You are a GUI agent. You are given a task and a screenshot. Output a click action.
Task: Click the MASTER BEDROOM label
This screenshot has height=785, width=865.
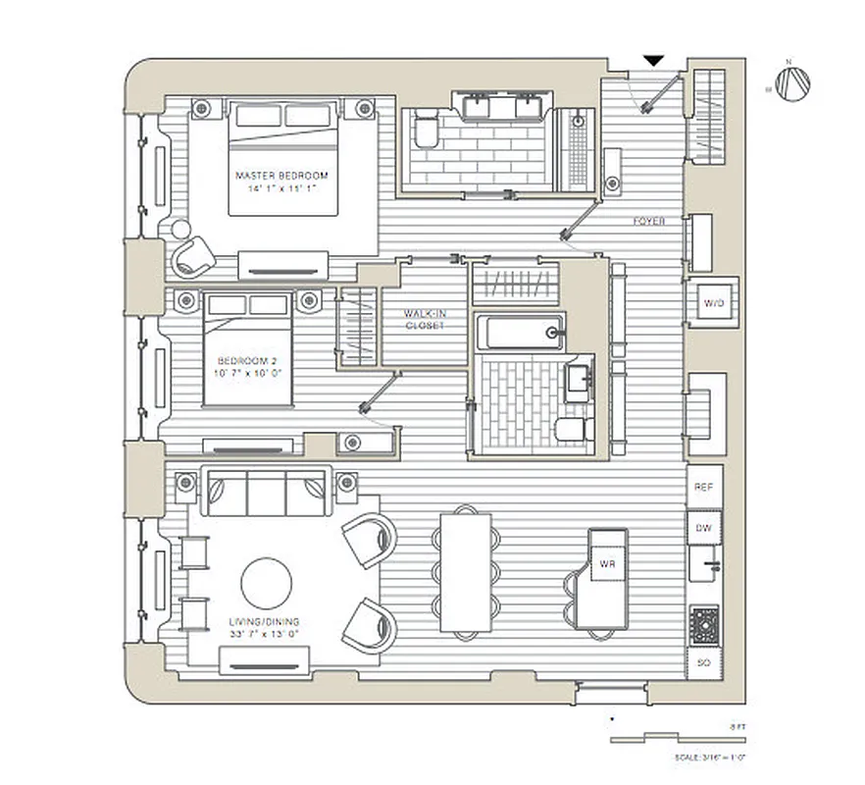(x=281, y=175)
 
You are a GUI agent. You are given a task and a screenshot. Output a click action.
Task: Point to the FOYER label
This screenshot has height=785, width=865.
(x=648, y=222)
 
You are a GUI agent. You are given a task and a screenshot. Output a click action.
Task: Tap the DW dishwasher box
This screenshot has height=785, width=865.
(x=703, y=528)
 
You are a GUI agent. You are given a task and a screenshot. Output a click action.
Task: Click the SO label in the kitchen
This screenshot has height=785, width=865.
(x=703, y=663)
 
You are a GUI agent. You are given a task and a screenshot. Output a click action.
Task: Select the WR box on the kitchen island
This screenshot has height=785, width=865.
(x=606, y=564)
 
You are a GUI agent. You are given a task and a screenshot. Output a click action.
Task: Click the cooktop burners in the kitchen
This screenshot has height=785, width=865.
(x=703, y=625)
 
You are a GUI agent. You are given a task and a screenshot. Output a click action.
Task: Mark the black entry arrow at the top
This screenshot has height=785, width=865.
(x=652, y=61)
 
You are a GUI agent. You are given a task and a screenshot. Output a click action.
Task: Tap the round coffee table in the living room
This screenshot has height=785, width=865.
(x=266, y=583)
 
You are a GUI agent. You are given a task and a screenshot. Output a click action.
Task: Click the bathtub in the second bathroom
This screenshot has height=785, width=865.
(x=520, y=332)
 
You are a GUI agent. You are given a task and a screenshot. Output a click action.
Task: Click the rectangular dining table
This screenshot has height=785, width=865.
(x=464, y=572)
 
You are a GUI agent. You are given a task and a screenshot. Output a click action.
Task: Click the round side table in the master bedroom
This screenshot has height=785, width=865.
(x=180, y=230)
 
